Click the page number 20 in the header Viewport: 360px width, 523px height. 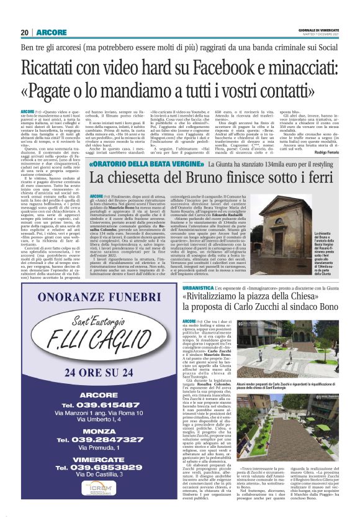point(24,32)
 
